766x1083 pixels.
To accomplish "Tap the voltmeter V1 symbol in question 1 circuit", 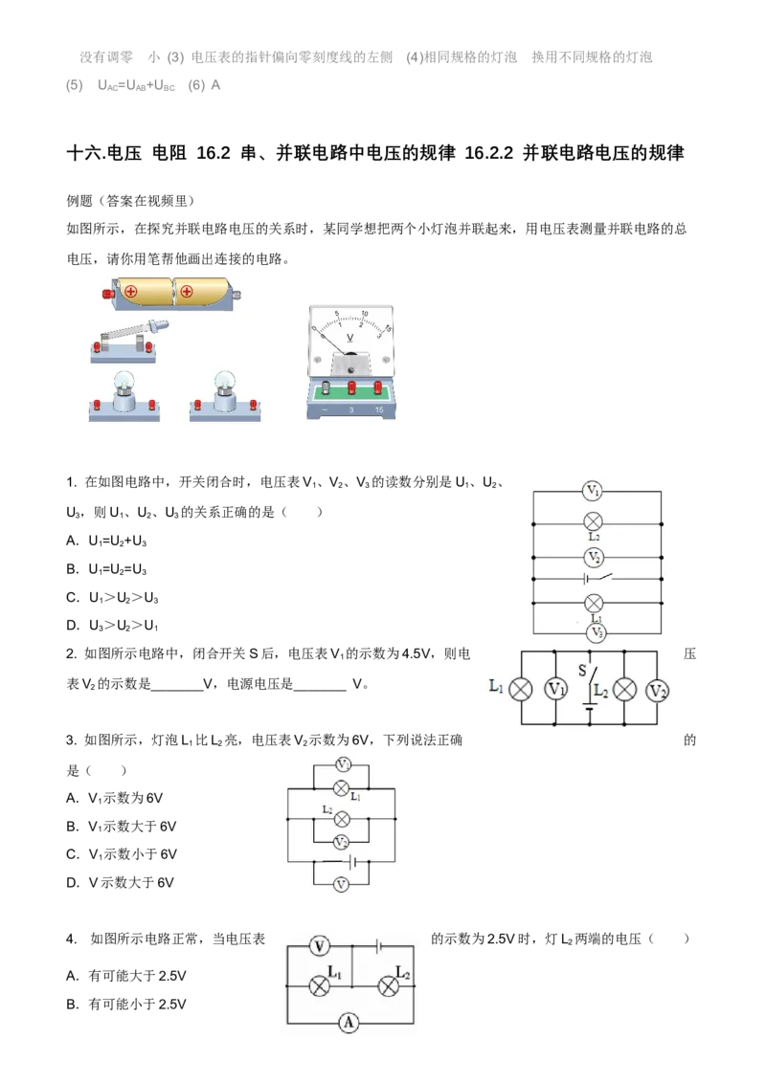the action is tap(593, 491).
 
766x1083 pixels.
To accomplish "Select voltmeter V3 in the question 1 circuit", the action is tap(597, 632).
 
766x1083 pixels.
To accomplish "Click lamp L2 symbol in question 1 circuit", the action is tap(593, 522).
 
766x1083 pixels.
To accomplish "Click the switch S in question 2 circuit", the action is tap(588, 680).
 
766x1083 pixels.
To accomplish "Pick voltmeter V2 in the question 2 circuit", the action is tap(658, 690).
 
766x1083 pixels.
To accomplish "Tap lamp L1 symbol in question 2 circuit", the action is tap(521, 689).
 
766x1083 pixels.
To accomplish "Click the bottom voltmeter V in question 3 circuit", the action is tap(341, 885).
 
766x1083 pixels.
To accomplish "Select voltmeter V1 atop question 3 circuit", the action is tap(343, 764).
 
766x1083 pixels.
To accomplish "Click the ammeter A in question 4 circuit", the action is tap(349, 1023).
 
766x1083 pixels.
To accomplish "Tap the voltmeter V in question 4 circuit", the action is tap(319, 945).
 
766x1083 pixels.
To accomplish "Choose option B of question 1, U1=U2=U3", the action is tap(106, 569).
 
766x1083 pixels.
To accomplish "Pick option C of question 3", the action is tap(122, 854).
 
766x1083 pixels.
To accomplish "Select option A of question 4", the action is tap(126, 976).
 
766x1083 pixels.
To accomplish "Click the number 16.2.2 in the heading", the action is tap(488, 153).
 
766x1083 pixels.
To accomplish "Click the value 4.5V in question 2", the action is tap(417, 653).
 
